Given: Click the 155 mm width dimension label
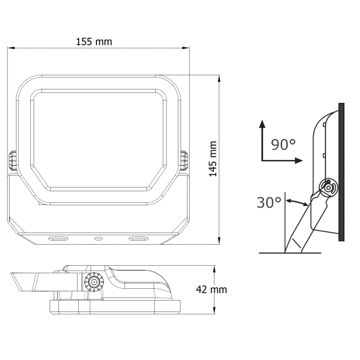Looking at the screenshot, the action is coord(94,41).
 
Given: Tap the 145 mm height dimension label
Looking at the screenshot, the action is coord(213,159).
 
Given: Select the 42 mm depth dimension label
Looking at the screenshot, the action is coord(211,289).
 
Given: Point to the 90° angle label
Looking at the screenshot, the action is coord(283,144).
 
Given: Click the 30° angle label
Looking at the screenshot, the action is coord(269,203).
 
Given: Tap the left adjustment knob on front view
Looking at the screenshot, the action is coord(12,161).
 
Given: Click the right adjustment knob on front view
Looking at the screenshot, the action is coord(184,161).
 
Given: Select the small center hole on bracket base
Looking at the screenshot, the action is coord(98,239).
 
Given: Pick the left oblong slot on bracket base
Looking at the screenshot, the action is coord(58,239).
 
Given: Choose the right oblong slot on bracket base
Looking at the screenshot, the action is coord(138,239).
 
